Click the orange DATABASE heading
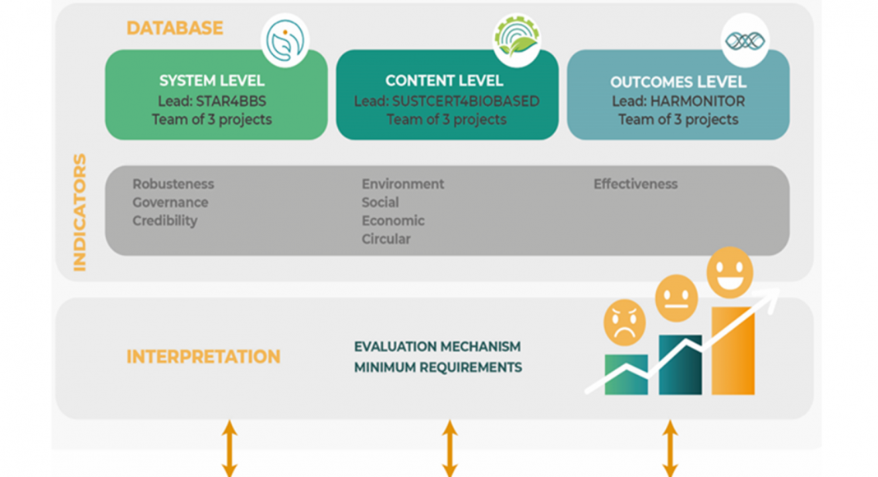pos(174,28)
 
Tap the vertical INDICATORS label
pos(80,212)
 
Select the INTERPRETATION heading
pos(203,357)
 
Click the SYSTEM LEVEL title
pos(212,81)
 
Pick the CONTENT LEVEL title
pos(444,81)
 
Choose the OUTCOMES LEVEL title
pos(678,82)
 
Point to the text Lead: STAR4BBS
pos(212,100)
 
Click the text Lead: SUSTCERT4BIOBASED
pos(446,100)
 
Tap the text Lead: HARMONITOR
pos(678,101)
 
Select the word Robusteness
pos(173,184)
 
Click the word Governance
pos(170,202)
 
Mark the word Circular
pos(386,239)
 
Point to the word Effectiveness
pos(635,184)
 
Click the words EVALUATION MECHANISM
pos(437,346)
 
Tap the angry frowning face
pos(625,322)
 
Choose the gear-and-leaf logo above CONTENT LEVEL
pos(516,38)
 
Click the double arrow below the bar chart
pos(670,448)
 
